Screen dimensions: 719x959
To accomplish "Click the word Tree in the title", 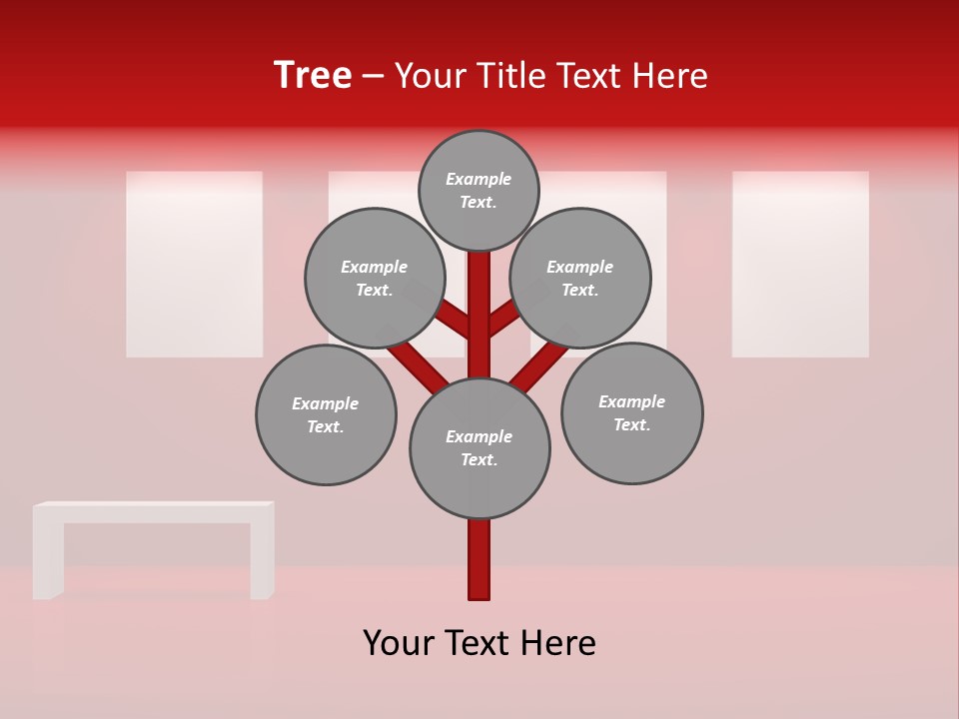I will (313, 75).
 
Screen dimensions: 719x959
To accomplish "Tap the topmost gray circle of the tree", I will (479, 190).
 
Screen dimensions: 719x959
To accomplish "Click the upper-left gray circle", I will (374, 278).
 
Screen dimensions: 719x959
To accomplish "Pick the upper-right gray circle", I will (579, 278).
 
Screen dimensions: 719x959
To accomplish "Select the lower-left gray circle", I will (326, 414).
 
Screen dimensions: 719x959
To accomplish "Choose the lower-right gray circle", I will (631, 412).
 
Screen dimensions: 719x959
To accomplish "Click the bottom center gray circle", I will (479, 447).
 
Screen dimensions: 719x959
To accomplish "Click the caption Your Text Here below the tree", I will (479, 643).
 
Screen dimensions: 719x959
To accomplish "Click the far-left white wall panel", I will (194, 264).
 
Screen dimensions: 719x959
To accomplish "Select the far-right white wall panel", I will (800, 264).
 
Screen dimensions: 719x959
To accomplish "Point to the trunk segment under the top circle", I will (479, 300).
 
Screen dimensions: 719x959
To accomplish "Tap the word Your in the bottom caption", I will (398, 643).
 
